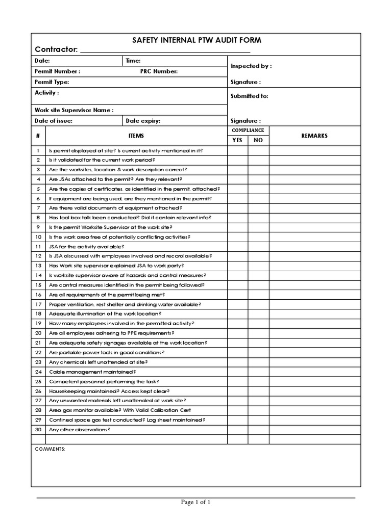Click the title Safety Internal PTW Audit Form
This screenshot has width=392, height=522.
[x=197, y=40]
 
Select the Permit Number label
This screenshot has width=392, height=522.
[x=57, y=71]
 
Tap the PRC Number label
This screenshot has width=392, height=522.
[x=159, y=71]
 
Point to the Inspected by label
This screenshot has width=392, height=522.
[x=251, y=66]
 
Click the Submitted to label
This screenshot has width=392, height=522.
[x=249, y=96]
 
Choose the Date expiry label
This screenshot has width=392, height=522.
[x=143, y=121]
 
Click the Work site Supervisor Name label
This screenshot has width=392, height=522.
[x=74, y=110]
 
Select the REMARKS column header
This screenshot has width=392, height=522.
[x=314, y=136]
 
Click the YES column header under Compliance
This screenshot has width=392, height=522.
[x=237, y=140]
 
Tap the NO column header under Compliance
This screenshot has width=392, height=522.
[x=258, y=140]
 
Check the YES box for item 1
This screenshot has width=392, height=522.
[x=237, y=150]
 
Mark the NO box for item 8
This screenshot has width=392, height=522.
[x=258, y=218]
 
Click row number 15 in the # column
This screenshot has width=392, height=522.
[x=38, y=285]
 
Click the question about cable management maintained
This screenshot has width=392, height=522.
[x=92, y=372]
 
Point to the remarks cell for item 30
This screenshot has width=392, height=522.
[x=314, y=430]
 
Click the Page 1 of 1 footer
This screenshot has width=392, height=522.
[x=195, y=502]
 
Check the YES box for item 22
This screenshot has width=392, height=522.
[x=237, y=352]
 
